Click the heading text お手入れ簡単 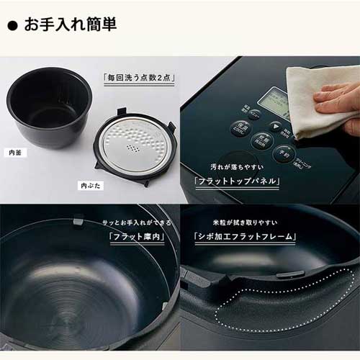[71, 24]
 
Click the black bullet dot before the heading [12, 25]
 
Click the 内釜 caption [15, 153]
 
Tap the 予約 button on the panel [282, 153]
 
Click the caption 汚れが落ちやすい [232, 166]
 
